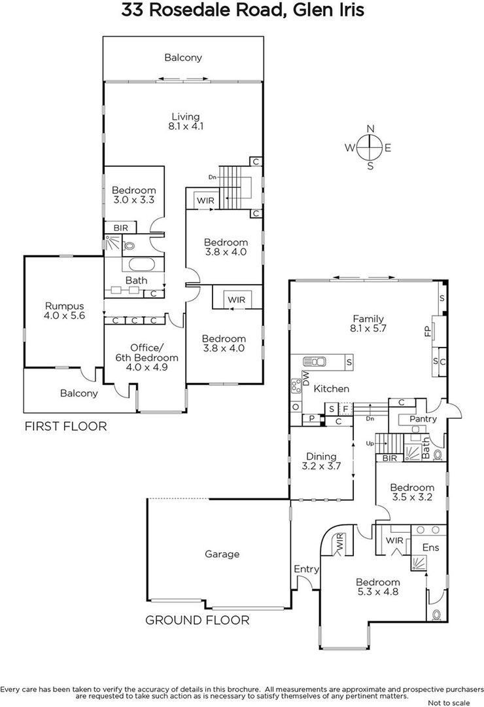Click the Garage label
tap(222, 554)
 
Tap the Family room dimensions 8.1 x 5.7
tap(368, 329)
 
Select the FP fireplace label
tap(428, 331)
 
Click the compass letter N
tap(370, 129)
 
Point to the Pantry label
tap(423, 419)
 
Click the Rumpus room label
tap(65, 306)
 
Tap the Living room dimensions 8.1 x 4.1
tap(186, 126)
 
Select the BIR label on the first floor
tap(121, 228)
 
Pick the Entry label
tap(307, 570)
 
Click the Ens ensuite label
tap(430, 547)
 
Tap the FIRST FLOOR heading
tap(66, 427)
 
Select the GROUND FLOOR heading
tap(197, 621)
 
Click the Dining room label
tap(321, 457)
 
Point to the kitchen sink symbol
tap(315, 361)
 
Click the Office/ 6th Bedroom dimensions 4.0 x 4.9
tap(147, 367)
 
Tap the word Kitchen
tap(331, 389)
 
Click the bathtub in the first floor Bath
tap(142, 264)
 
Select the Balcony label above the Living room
tap(183, 58)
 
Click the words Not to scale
tap(449, 702)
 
